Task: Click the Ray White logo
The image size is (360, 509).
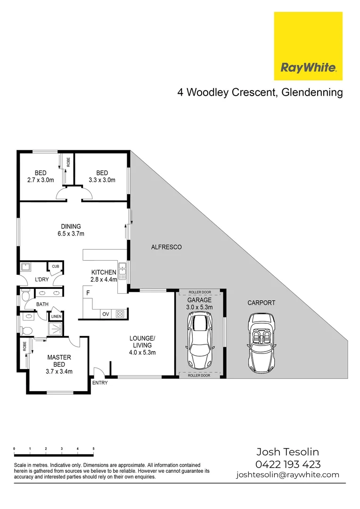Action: coord(308,46)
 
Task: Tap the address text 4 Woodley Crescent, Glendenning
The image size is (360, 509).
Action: coord(260,92)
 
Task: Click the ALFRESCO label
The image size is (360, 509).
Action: coord(166,247)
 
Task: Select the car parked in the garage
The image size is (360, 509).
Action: coord(200,341)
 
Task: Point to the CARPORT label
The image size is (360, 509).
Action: coord(261,303)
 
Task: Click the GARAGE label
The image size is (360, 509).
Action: coord(200,300)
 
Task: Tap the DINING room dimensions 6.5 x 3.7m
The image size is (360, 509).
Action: coord(71,233)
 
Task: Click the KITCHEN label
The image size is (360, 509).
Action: coord(104,272)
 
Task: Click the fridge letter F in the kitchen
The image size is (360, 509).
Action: coord(88,293)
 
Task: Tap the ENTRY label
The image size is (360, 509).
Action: coord(100,383)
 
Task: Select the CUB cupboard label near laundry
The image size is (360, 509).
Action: coord(56,267)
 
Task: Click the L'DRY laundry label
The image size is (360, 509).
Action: coord(42,280)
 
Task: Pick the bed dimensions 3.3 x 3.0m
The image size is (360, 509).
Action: coord(102,180)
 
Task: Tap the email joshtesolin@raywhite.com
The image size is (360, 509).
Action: coord(288,475)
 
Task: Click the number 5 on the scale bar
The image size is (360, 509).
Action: coord(94,449)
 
